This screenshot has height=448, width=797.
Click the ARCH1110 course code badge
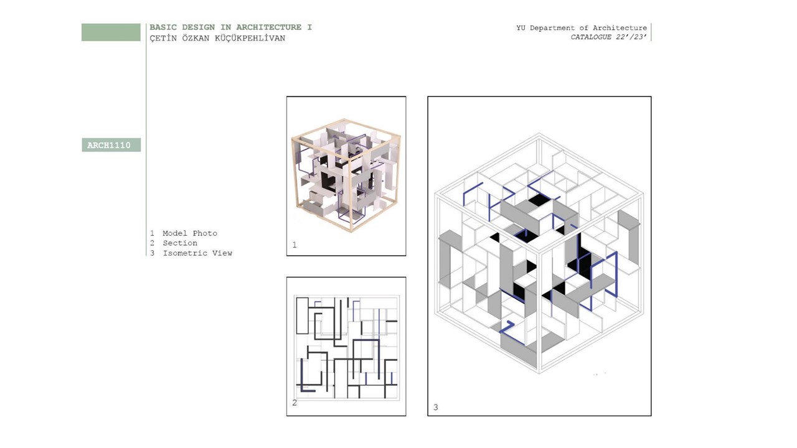(x=111, y=145)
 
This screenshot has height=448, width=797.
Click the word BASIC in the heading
(x=163, y=27)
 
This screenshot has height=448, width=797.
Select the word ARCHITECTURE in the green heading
(x=268, y=27)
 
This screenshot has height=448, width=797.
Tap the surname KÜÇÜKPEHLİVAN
(x=250, y=38)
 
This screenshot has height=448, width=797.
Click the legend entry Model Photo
(x=190, y=233)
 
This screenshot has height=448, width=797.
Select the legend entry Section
(x=180, y=243)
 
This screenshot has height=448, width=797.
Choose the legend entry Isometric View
(x=197, y=253)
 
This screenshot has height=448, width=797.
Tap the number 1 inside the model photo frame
(x=295, y=245)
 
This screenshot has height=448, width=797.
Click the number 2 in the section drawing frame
(x=295, y=403)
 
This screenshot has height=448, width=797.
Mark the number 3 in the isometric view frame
(x=435, y=407)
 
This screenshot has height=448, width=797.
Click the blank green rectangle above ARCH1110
(x=111, y=32)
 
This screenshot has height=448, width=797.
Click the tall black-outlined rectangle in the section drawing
(x=302, y=315)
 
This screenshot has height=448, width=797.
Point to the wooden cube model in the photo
(x=346, y=175)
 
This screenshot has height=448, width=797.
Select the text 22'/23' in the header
(x=631, y=37)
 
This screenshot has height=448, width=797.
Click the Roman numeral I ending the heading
(x=309, y=27)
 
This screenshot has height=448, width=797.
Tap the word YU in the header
(x=521, y=28)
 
